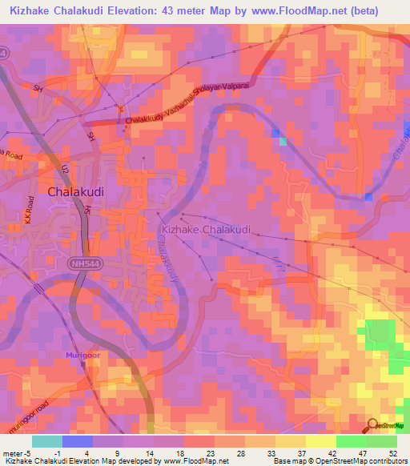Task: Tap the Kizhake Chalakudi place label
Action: coord(206,230)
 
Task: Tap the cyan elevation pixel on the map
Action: coord(283,142)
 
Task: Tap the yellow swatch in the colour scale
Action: coord(321,441)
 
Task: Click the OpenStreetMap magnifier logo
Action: coord(373,425)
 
